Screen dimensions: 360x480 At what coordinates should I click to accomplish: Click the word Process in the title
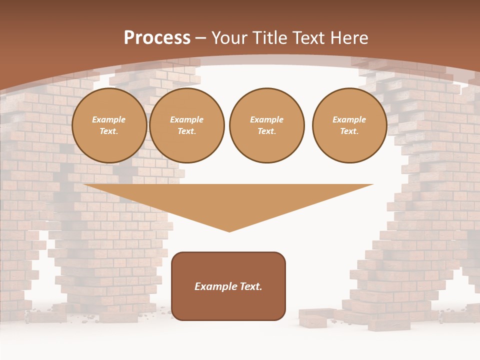tap(157, 37)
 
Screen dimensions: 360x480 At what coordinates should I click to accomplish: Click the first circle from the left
tap(109, 125)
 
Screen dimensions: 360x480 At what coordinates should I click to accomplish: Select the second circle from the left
tap(187, 125)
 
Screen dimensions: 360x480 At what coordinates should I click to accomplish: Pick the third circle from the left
tap(266, 125)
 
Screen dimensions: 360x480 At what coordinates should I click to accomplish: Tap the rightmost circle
tap(349, 125)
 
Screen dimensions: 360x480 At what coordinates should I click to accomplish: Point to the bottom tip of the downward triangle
tap(229, 231)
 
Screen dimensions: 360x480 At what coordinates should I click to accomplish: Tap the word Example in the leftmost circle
tap(109, 120)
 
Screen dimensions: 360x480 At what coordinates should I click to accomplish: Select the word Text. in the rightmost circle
tap(349, 131)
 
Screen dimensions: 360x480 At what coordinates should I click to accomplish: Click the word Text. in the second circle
tap(187, 131)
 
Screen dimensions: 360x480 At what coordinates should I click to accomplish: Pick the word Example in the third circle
tap(266, 120)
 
